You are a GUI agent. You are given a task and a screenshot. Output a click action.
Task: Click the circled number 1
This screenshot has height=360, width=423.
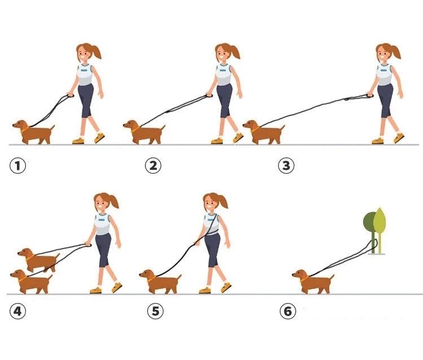[x=18, y=165]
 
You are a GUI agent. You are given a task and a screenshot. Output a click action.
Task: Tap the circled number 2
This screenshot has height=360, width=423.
[x=153, y=165]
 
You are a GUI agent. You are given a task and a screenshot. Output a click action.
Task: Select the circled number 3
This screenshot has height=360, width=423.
[x=286, y=165]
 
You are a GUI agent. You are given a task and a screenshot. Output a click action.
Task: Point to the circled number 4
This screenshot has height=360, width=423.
[x=18, y=311]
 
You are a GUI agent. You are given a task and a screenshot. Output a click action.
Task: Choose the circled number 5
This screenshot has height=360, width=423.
[x=156, y=311]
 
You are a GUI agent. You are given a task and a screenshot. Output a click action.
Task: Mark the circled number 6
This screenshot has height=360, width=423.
[x=288, y=311]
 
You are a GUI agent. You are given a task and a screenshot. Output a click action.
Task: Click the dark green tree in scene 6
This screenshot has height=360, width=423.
[x=370, y=227]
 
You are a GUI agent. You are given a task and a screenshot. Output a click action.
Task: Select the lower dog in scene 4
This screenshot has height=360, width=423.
[x=31, y=282]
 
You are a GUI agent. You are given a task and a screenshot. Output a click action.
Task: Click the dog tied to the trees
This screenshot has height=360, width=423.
[x=313, y=282]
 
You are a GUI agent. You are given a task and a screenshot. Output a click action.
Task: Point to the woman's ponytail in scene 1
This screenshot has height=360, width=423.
[x=96, y=52]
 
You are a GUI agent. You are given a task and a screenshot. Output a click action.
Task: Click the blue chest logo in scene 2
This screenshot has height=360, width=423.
[x=223, y=71]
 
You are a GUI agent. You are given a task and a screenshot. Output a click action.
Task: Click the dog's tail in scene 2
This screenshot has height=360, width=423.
[x=162, y=128]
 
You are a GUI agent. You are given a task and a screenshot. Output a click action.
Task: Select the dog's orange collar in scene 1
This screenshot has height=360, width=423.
[x=25, y=130]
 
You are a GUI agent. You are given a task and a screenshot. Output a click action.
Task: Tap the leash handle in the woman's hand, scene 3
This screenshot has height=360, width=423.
[x=369, y=95]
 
